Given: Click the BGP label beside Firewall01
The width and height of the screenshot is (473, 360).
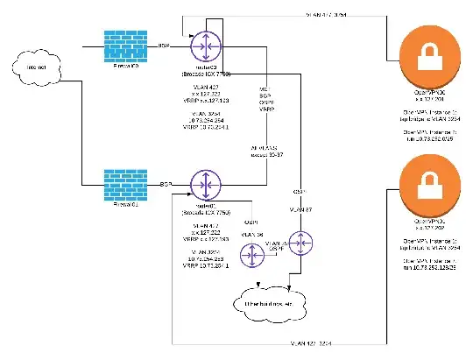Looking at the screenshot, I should (x=164, y=186).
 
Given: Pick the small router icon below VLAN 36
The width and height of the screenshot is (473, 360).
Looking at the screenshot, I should (x=254, y=255).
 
